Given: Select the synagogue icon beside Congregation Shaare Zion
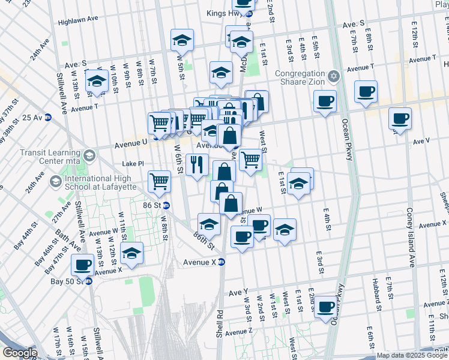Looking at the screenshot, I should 334,77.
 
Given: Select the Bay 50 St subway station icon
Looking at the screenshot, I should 88,281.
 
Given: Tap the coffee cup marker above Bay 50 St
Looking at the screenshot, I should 83,264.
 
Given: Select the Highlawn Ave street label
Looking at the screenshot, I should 78,20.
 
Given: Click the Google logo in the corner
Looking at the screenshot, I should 19,353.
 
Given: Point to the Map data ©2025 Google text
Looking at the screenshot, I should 411,355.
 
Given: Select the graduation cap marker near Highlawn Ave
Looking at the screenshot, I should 182,40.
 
